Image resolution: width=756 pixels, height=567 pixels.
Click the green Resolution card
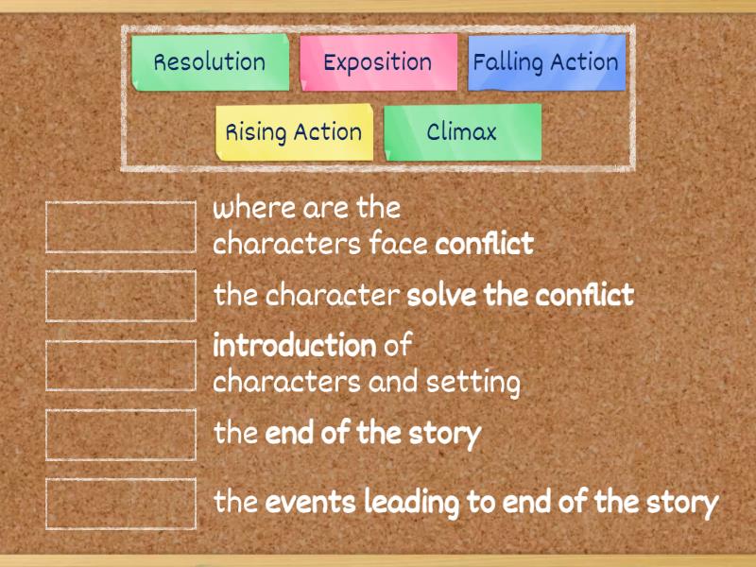(210, 62)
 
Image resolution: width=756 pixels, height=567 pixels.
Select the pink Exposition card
(378, 62)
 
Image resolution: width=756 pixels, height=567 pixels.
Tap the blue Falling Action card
(546, 62)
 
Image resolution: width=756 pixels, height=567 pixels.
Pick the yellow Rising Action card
(294, 131)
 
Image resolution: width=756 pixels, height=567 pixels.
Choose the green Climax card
(462, 131)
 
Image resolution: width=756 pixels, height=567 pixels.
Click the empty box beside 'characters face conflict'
(121, 227)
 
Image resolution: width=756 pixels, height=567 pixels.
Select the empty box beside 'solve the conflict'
(121, 296)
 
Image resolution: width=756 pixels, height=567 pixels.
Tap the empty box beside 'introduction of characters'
(121, 365)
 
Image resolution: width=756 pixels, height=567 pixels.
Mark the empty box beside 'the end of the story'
(121, 434)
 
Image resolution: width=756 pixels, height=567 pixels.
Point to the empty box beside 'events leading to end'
(121, 503)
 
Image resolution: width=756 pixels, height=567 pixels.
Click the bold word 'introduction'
(295, 346)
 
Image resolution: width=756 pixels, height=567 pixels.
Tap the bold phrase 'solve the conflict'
(520, 295)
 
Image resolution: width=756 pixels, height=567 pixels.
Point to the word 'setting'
(472, 383)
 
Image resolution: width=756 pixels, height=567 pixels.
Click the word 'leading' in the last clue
(409, 503)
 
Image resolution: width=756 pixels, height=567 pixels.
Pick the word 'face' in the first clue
(398, 244)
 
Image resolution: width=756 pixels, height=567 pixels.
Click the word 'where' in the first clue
(243, 208)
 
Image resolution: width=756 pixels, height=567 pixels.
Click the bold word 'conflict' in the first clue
(484, 244)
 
